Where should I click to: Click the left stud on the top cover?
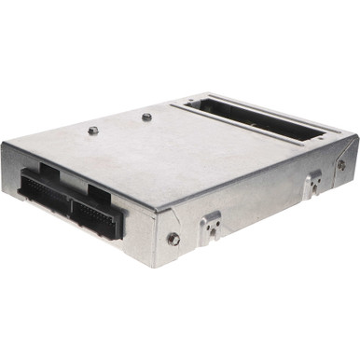click(x=93, y=130)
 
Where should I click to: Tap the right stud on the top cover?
click(x=146, y=118)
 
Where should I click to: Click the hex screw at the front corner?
click(x=173, y=239)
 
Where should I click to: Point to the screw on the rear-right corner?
click(x=340, y=165)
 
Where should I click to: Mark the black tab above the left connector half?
click(x=48, y=173)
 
